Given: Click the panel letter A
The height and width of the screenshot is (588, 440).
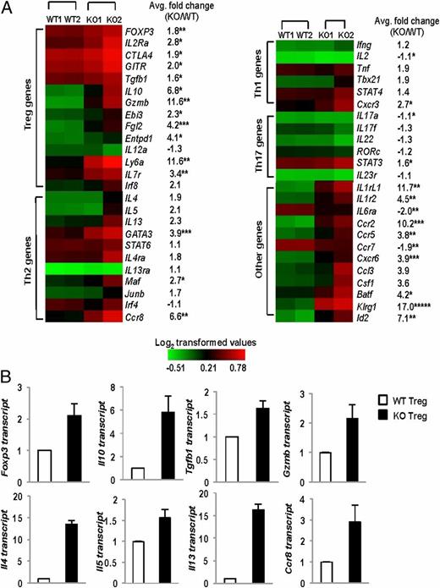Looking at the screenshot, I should tap(8, 8).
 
